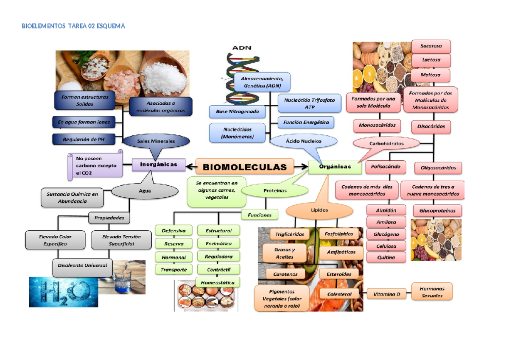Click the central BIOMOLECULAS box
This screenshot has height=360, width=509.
tap(245, 167)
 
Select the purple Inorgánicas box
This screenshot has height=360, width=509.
tap(159, 165)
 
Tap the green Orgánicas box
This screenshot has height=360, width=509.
tap(335, 167)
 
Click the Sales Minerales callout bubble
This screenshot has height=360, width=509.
tap(156, 141)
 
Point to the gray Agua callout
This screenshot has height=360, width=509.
tap(145, 191)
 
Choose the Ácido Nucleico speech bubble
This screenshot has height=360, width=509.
tap(303, 141)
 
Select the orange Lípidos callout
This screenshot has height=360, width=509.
tap(319, 210)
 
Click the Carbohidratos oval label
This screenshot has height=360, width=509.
tap(386, 144)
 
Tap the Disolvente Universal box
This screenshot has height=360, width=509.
tap(82, 265)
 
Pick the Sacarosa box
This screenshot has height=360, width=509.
tap(431, 46)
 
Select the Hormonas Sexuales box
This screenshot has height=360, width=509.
tap(432, 292)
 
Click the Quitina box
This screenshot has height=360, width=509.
tap(386, 257)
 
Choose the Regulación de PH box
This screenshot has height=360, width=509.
tap(84, 139)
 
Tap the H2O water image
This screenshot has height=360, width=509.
tap(64, 292)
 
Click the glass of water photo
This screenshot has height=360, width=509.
tap(123, 277)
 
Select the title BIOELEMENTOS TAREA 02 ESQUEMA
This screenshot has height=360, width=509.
tap(73, 26)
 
